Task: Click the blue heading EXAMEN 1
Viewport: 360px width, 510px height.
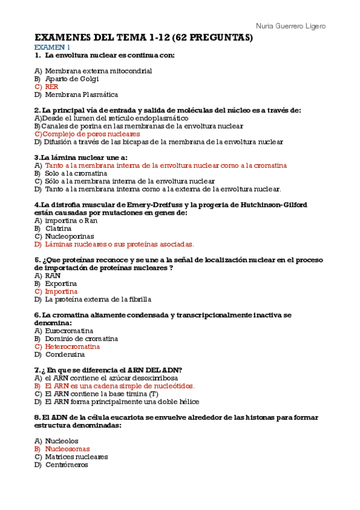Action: coord(52,47)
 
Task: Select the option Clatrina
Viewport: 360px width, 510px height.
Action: coord(58,229)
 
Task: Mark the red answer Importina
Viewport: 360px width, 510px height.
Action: coord(61,291)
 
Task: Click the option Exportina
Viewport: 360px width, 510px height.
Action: coord(61,283)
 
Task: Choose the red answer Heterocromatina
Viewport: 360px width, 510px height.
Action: coord(72,346)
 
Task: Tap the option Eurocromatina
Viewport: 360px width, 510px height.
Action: coord(69,331)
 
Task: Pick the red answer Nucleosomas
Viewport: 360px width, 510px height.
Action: coord(67,449)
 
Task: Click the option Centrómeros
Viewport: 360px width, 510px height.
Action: coord(66,464)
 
